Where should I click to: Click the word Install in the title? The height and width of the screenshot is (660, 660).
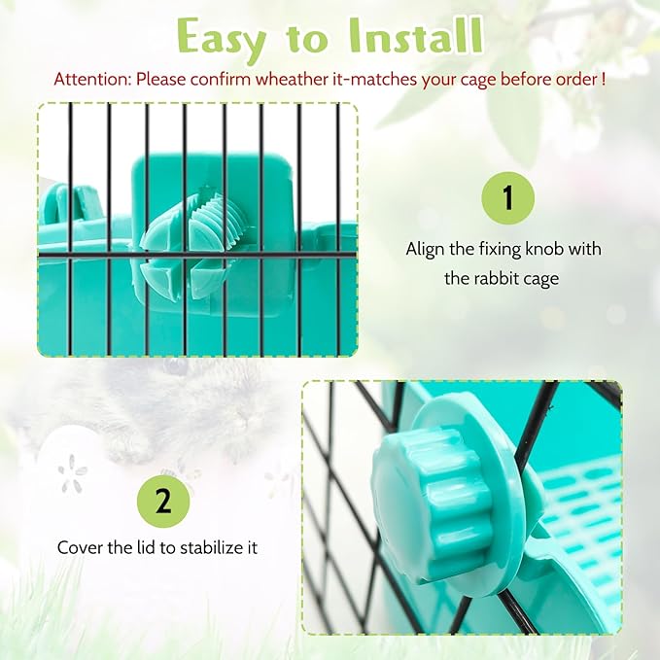pyautogui.click(x=415, y=35)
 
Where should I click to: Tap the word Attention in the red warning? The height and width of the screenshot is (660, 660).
pyautogui.click(x=92, y=79)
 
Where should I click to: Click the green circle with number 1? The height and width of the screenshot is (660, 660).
pyautogui.click(x=508, y=198)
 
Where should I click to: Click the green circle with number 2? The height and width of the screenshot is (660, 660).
pyautogui.click(x=163, y=502)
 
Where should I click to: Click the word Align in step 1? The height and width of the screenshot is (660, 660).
pyautogui.click(x=425, y=249)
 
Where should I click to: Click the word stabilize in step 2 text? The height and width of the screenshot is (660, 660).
pyautogui.click(x=207, y=547)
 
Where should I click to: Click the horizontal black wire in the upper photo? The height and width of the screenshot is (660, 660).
pyautogui.click(x=197, y=255)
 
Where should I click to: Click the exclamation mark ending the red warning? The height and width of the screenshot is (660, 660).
pyautogui.click(x=604, y=79)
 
